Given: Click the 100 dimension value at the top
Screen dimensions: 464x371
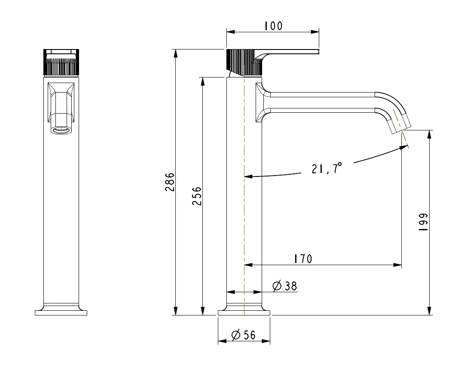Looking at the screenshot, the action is tap(273, 26).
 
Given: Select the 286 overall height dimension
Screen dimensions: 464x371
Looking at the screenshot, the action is tap(170, 182).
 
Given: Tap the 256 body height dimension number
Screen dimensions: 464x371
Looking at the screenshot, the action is tap(197, 196).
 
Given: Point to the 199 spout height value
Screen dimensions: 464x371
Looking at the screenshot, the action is tap(424, 223).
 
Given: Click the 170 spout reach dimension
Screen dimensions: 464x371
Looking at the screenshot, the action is tap(303, 259).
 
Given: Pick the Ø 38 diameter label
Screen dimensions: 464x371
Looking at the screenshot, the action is tap(285, 286).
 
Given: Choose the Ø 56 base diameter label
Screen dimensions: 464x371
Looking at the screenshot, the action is tap(243, 335).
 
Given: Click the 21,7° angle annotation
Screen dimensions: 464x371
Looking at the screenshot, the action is tap(327, 168).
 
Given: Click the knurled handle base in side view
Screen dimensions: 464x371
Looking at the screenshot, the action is tap(244, 62).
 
